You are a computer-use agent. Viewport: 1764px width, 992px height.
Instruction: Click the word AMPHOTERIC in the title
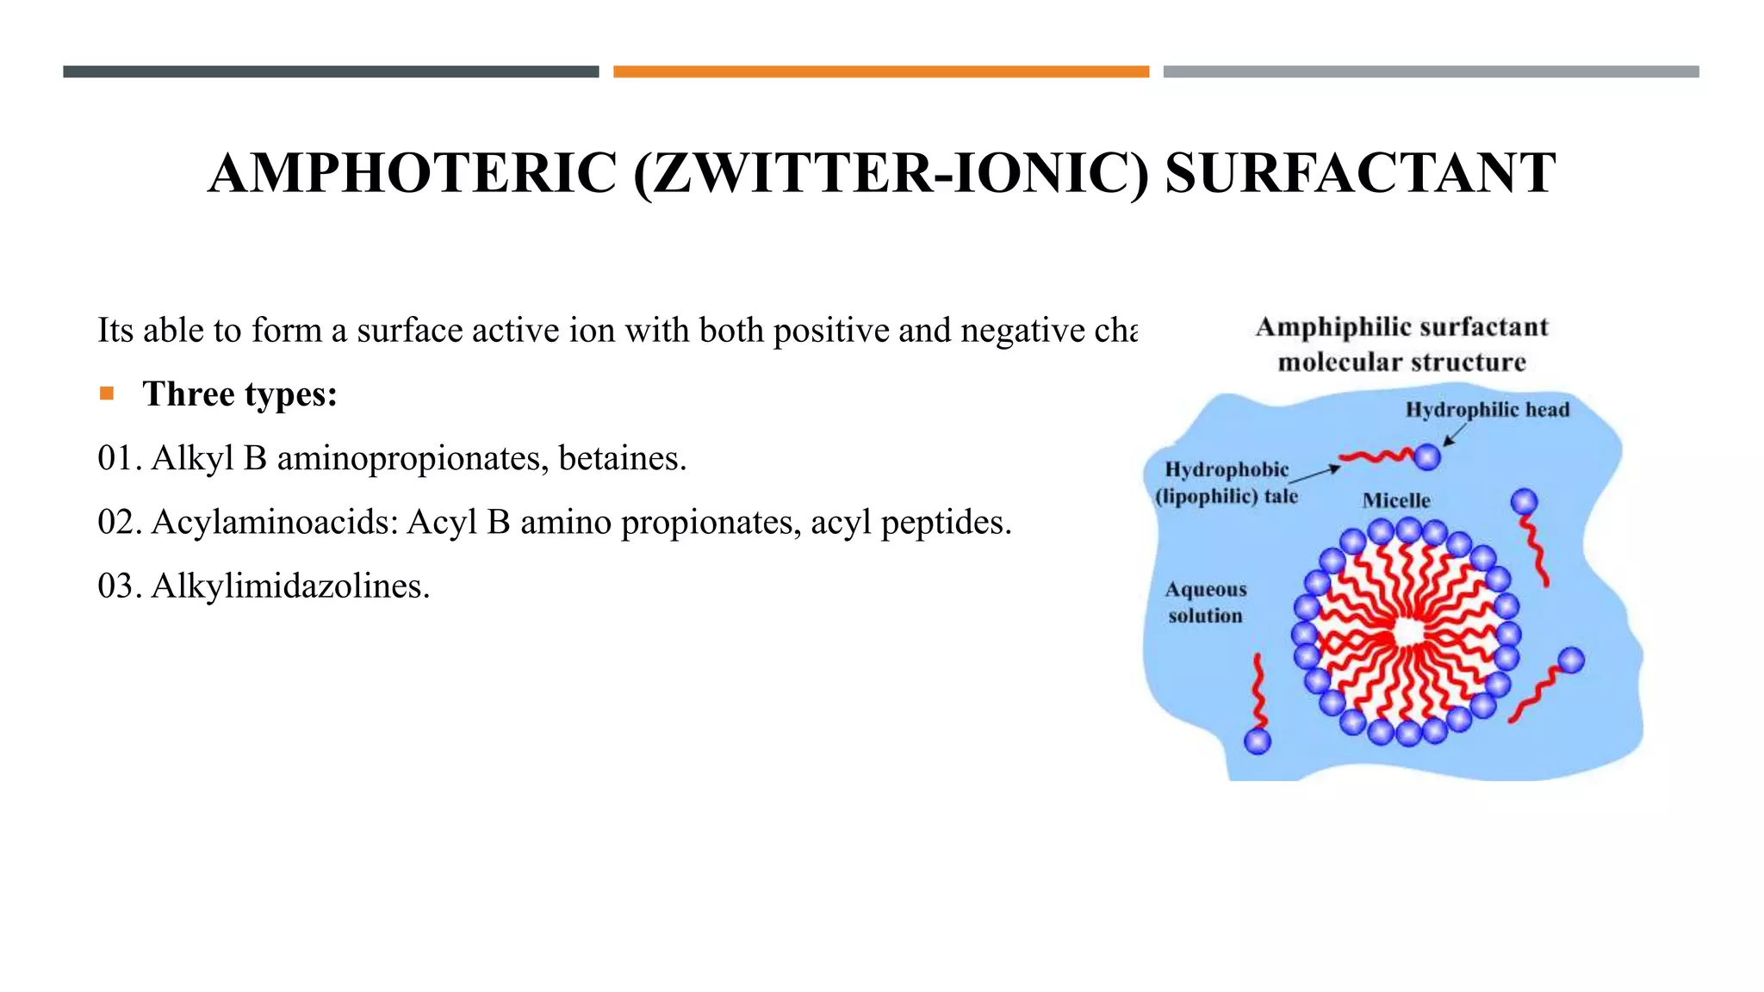(x=413, y=173)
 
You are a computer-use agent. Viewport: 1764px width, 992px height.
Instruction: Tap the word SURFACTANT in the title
(x=1360, y=173)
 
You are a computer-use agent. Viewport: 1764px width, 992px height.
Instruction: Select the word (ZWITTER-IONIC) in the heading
(x=891, y=173)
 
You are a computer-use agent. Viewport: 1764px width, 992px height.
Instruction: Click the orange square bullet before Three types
(x=107, y=394)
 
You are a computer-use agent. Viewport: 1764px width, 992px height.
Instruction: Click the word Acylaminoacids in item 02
(x=275, y=522)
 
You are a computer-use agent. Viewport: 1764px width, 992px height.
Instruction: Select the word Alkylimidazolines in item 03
(x=290, y=586)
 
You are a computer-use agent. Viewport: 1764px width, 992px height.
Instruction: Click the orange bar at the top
(x=880, y=71)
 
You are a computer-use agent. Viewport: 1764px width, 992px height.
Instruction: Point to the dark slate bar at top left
(x=331, y=71)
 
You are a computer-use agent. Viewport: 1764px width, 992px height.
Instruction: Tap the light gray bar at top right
(x=1431, y=71)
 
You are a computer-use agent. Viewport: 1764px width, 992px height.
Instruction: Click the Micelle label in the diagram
(x=1396, y=500)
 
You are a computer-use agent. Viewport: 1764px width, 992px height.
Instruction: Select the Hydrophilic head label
(x=1488, y=410)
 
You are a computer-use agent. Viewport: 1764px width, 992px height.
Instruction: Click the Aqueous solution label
(x=1206, y=602)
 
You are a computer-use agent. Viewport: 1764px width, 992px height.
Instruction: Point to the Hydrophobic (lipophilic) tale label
(x=1227, y=482)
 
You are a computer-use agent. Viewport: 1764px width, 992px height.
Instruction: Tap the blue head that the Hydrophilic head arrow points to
(x=1427, y=456)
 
